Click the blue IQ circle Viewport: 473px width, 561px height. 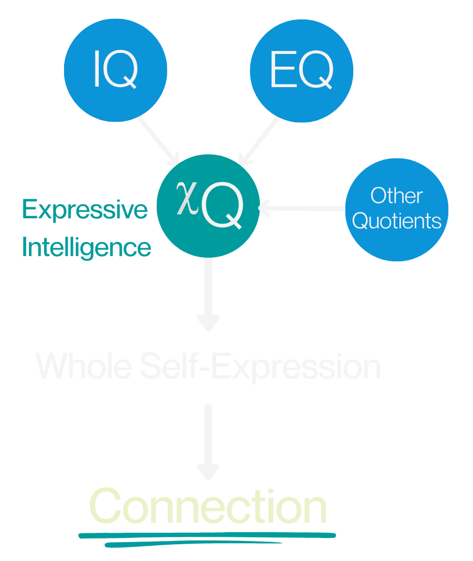[x=115, y=70]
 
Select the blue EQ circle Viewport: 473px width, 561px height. [x=301, y=70]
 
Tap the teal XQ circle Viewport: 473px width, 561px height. [x=208, y=206]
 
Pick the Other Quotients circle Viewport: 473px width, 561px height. [x=397, y=209]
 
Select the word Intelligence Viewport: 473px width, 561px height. [x=87, y=247]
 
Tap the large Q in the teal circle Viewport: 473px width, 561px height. [x=222, y=209]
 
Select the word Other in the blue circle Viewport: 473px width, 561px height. [x=396, y=196]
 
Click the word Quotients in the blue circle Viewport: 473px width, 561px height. [x=397, y=221]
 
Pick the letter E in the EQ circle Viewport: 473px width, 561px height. [x=280, y=71]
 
